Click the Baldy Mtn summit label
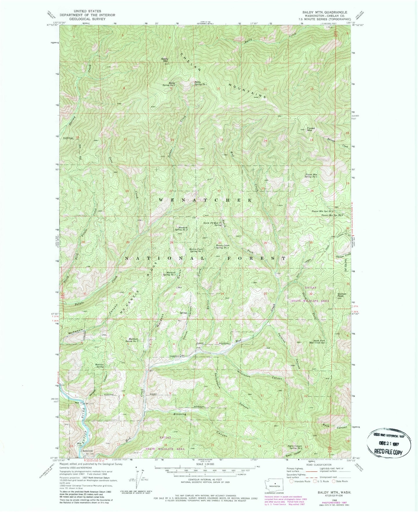point(165,60)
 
